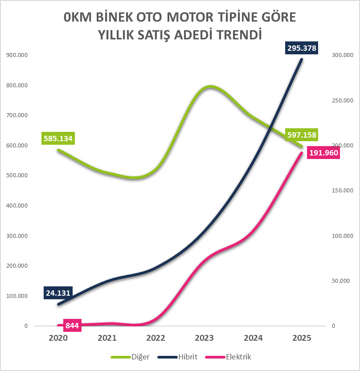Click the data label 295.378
point(302,48)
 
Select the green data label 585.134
point(58,138)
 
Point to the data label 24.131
point(58,293)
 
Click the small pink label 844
point(72,326)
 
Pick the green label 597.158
point(302,135)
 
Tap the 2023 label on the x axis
point(205,338)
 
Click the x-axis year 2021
point(107,338)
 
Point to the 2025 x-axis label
point(302,338)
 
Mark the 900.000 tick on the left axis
point(16,55)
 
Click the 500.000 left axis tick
point(16,175)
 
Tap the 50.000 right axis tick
point(342,281)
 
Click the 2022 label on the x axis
point(156,338)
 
